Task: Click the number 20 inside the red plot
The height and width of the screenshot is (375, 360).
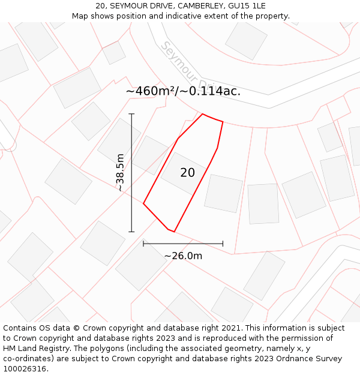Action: click(x=187, y=173)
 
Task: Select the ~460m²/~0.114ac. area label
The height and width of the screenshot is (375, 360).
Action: click(x=183, y=91)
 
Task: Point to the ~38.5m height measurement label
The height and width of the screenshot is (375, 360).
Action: click(x=120, y=172)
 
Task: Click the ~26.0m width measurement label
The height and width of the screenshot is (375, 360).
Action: click(x=183, y=256)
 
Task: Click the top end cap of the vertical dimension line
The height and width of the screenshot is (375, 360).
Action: click(x=131, y=113)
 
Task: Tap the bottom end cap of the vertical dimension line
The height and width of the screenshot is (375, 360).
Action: click(x=131, y=232)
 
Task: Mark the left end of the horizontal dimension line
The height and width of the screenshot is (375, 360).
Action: click(x=143, y=244)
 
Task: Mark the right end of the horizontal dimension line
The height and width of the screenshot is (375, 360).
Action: click(x=223, y=244)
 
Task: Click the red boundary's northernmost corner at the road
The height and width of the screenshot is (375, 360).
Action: click(x=203, y=114)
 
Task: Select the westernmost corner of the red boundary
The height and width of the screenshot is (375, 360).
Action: click(x=143, y=203)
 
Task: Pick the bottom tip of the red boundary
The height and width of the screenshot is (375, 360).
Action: click(x=173, y=232)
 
